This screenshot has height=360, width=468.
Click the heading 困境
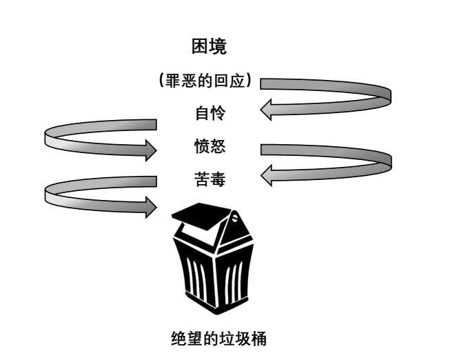(x=209, y=47)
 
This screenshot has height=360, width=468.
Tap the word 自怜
(x=209, y=112)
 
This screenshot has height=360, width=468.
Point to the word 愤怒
(x=209, y=146)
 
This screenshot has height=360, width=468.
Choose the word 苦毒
(x=209, y=180)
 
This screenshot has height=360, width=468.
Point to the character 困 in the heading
(x=199, y=47)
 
